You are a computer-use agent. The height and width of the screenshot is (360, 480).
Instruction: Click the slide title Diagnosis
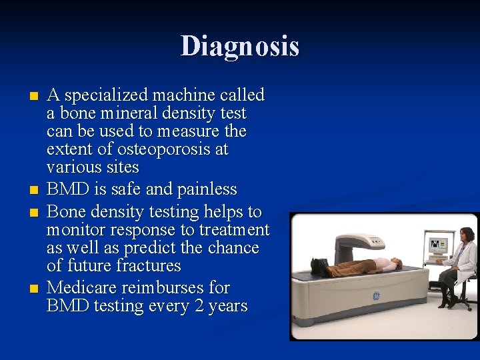[240, 47]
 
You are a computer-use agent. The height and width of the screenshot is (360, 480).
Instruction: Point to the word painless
[207, 190]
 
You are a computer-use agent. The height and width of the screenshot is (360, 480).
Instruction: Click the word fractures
[148, 266]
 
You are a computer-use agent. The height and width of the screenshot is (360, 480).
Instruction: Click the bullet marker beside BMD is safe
[35, 191]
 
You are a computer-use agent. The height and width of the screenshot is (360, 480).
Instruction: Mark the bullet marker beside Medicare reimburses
[35, 289]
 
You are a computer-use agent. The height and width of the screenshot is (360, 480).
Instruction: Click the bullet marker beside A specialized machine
[35, 96]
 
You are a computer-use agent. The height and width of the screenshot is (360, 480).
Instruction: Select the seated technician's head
[467, 235]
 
